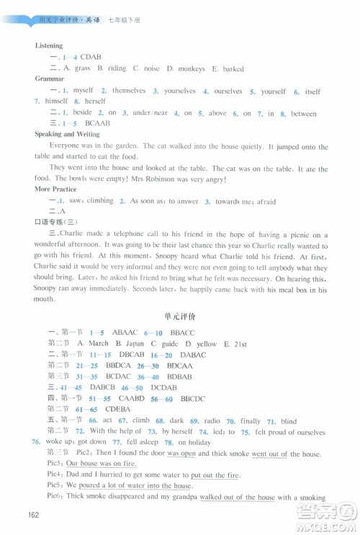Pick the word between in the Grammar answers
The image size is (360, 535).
click(x=303, y=113)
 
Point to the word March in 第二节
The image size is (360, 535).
click(x=99, y=343)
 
